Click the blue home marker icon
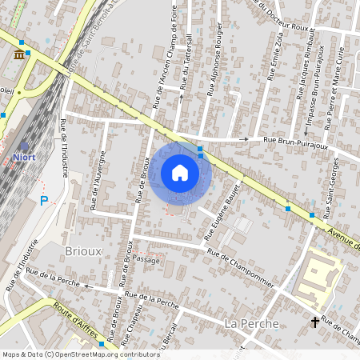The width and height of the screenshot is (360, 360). pyautogui.click(x=180, y=173)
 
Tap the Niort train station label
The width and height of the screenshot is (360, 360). pyautogui.click(x=24, y=157)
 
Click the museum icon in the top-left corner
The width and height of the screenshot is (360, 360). pyautogui.click(x=18, y=54)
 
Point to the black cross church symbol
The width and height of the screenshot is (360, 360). pyautogui.click(x=315, y=322)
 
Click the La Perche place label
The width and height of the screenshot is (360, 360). pyautogui.click(x=251, y=323)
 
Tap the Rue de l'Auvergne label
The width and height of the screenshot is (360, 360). pyautogui.click(x=99, y=179)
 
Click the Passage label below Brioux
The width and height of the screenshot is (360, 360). pyautogui.click(x=148, y=261)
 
